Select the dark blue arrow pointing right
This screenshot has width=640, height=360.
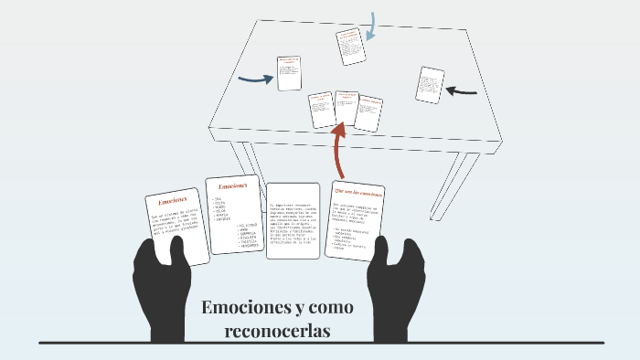point(256,79)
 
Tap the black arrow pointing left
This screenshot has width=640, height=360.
point(463,90)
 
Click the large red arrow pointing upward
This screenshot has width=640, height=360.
point(340,152)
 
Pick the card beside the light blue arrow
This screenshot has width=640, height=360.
point(349,47)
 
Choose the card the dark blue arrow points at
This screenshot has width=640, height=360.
point(290,73)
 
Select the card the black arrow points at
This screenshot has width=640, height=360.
point(429,84)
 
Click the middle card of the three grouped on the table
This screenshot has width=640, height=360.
point(346,108)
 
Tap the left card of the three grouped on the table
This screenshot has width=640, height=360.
point(322,110)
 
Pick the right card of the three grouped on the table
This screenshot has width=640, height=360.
point(368,113)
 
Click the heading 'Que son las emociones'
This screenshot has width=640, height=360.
point(357,193)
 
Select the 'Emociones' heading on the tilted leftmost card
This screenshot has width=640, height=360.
point(172,200)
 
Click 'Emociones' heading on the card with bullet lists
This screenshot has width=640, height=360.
point(232,185)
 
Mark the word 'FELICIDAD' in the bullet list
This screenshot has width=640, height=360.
point(250,225)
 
